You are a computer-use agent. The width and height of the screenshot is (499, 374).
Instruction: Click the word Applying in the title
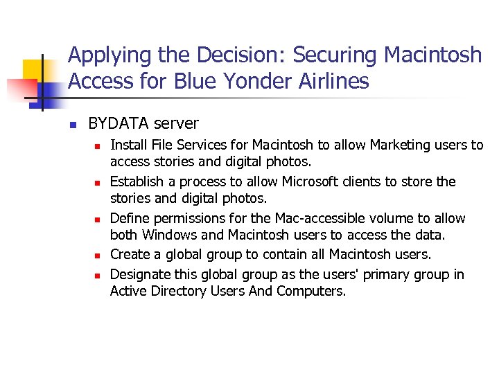coord(107,55)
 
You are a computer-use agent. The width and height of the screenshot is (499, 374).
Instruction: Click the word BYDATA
coord(119,124)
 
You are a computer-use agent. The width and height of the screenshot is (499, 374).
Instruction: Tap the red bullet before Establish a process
coord(98,183)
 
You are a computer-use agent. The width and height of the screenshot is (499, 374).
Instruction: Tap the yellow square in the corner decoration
coord(33,69)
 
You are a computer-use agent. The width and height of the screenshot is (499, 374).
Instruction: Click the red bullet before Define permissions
coord(98,220)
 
